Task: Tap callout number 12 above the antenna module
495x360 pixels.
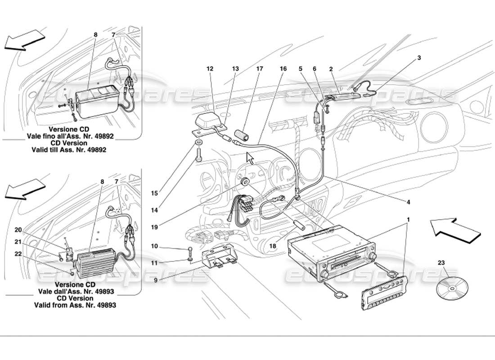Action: click(209, 69)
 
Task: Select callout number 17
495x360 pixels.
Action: click(260, 69)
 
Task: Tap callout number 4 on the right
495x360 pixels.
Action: click(409, 202)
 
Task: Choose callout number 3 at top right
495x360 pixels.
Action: click(419, 58)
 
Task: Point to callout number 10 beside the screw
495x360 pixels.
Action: click(154, 246)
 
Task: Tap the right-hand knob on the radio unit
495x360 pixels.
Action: click(373, 256)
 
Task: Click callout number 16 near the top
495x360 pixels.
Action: click(283, 69)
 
